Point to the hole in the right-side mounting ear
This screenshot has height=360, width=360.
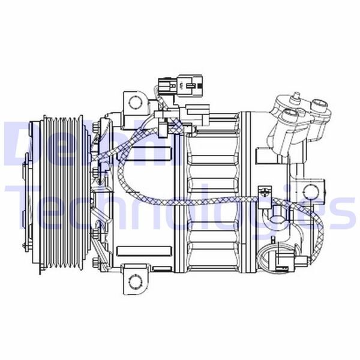click(310, 192)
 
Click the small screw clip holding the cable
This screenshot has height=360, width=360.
click(264, 191)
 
